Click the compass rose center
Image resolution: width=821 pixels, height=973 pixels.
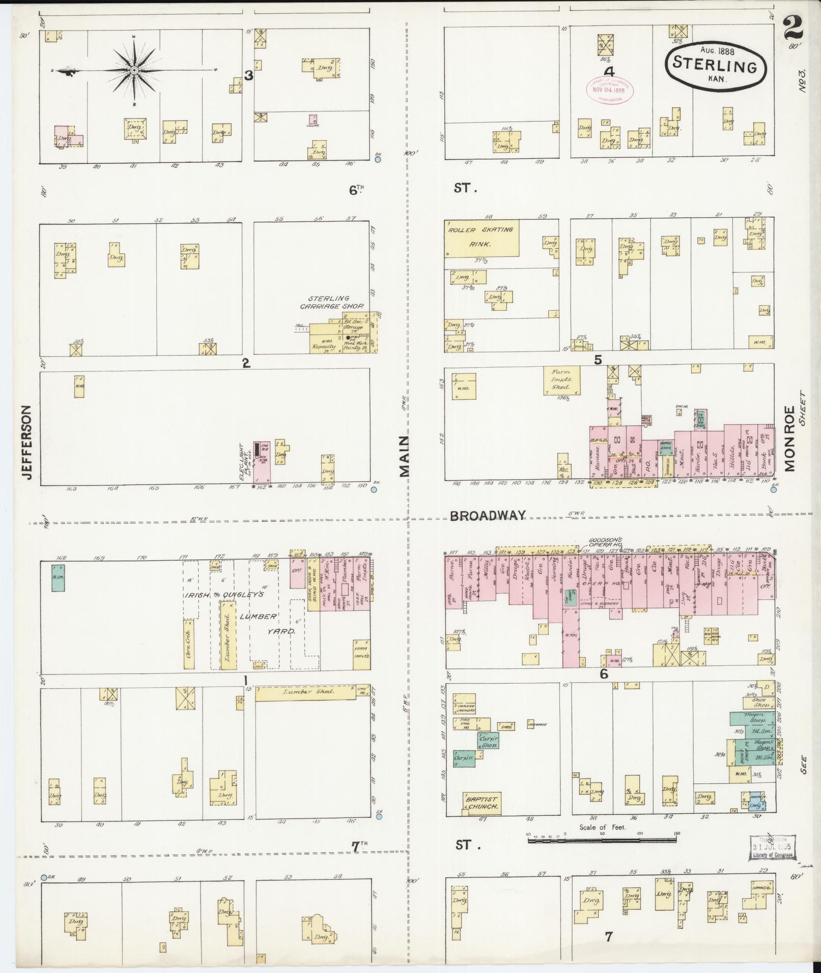pyautogui.click(x=134, y=70)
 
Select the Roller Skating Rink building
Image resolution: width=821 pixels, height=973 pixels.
pyautogui.click(x=482, y=238)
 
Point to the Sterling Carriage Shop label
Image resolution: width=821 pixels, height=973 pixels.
pyautogui.click(x=331, y=302)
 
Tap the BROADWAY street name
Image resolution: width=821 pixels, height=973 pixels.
pyautogui.click(x=487, y=516)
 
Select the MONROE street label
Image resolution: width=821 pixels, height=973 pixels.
pyautogui.click(x=789, y=438)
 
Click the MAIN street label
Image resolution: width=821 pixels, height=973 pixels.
pyautogui.click(x=405, y=456)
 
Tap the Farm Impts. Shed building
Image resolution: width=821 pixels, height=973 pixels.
pyautogui.click(x=562, y=380)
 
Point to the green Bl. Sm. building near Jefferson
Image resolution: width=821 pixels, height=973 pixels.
pyautogui.click(x=58, y=577)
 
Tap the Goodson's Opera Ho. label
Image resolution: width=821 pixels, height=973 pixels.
pyautogui.click(x=605, y=542)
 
